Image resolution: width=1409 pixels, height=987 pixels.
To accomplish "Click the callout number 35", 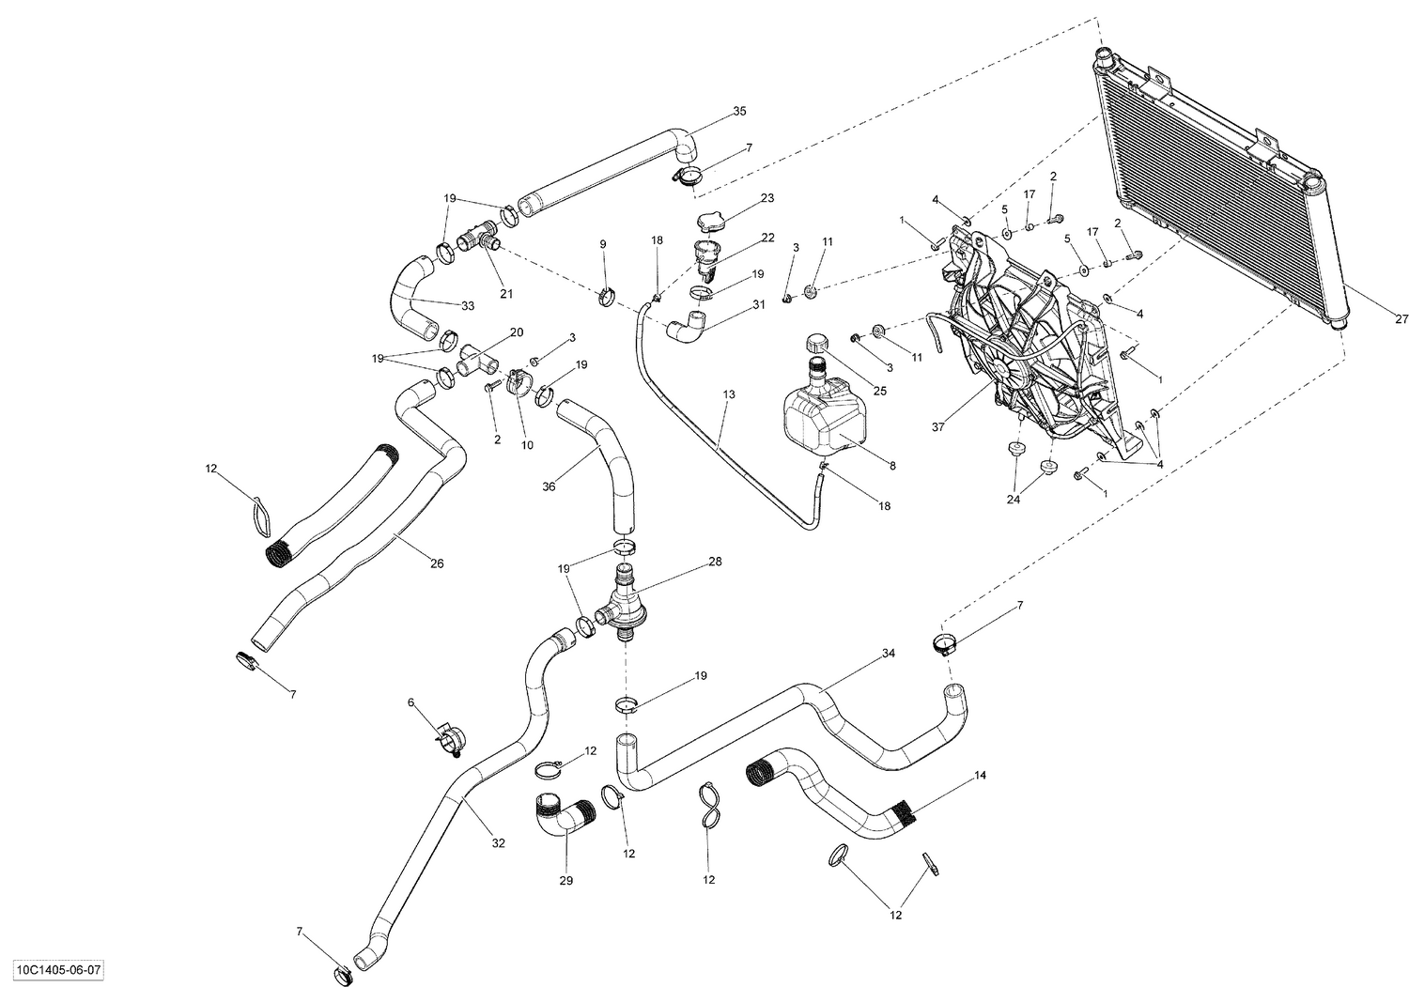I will pos(739,112).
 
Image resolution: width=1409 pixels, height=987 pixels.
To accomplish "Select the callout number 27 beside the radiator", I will pos(1401,320).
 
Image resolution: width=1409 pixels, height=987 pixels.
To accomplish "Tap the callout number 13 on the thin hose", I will pos(729,394).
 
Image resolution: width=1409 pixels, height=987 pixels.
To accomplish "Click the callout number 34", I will pos(888,653).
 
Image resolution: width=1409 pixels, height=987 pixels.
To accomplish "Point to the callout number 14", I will pos(980,776).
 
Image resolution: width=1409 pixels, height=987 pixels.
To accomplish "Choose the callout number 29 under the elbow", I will pos(565,881).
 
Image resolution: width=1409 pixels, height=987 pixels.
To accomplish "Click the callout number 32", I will pos(498,843).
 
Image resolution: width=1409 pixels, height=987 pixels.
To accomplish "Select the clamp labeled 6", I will pos(448,734).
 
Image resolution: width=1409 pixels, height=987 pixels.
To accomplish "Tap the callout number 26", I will pos(436,563).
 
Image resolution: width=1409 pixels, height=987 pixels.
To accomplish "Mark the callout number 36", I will pos(549,486).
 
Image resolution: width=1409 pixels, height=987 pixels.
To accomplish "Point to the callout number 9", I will pos(603,245).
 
